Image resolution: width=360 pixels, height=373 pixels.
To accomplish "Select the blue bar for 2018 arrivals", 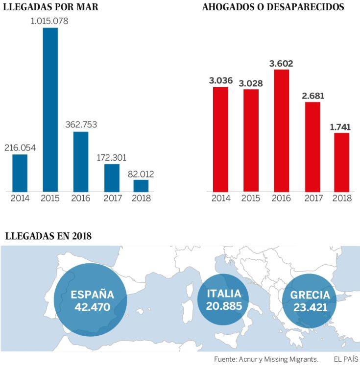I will point(141,186).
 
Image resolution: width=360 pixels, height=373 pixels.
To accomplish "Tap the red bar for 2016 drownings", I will point(282,130).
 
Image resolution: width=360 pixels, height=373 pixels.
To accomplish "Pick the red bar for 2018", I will point(342,162).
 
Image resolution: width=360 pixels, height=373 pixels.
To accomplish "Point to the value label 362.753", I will point(81,124).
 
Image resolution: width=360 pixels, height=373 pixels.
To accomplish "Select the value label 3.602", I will point(281,63).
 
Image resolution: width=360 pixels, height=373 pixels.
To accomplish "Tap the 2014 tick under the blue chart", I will point(20,199).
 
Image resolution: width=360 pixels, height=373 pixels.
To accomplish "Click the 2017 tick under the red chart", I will point(312,199).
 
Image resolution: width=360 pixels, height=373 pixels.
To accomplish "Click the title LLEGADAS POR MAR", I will point(50,7).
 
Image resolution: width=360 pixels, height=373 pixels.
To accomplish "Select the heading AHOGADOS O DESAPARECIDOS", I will point(273,7).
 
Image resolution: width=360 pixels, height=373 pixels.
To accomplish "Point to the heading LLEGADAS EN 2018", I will point(48,236).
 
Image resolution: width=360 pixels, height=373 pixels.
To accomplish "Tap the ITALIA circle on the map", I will point(223,300).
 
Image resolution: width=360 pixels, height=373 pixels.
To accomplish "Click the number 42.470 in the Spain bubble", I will point(92,307).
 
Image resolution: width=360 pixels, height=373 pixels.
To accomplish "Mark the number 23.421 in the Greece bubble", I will point(310,307).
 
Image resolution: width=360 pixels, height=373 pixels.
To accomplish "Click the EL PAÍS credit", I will point(346,359).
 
